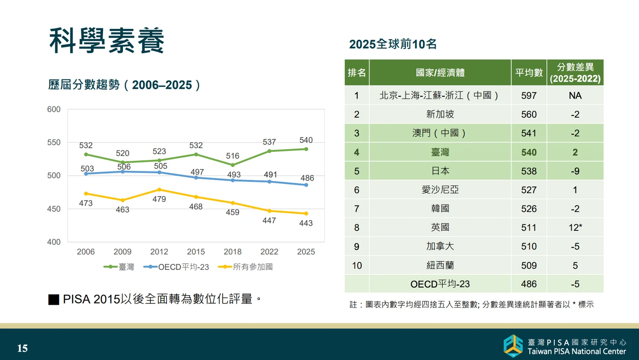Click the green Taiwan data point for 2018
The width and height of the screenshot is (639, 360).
[233, 165]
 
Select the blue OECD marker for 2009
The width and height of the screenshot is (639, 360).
[122, 172]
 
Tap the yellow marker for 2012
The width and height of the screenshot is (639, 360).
[159, 190]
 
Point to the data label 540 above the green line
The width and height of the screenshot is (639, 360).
[306, 140]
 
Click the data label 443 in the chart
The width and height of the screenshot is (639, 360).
[306, 223]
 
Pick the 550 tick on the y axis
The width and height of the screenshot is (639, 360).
[54, 142]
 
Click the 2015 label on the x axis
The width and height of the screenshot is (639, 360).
[196, 252]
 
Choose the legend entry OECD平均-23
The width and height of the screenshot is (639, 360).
[176, 267]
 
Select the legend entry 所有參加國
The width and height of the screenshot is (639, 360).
[245, 267]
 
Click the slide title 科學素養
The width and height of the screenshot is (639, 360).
[106, 40]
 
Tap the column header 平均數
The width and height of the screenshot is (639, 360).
[529, 73]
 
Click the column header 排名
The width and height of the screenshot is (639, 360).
[357, 73]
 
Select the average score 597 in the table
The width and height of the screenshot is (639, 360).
[529, 95]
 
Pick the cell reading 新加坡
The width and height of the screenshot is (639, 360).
[440, 115]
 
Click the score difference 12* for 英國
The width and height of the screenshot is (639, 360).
[575, 228]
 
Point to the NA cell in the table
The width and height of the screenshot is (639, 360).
[575, 95]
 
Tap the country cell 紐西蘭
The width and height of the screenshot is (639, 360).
[440, 265]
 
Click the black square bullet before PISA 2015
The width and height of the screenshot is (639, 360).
[54, 300]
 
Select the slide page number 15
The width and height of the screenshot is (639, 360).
[23, 348]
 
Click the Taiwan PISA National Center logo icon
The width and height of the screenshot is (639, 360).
[513, 346]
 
